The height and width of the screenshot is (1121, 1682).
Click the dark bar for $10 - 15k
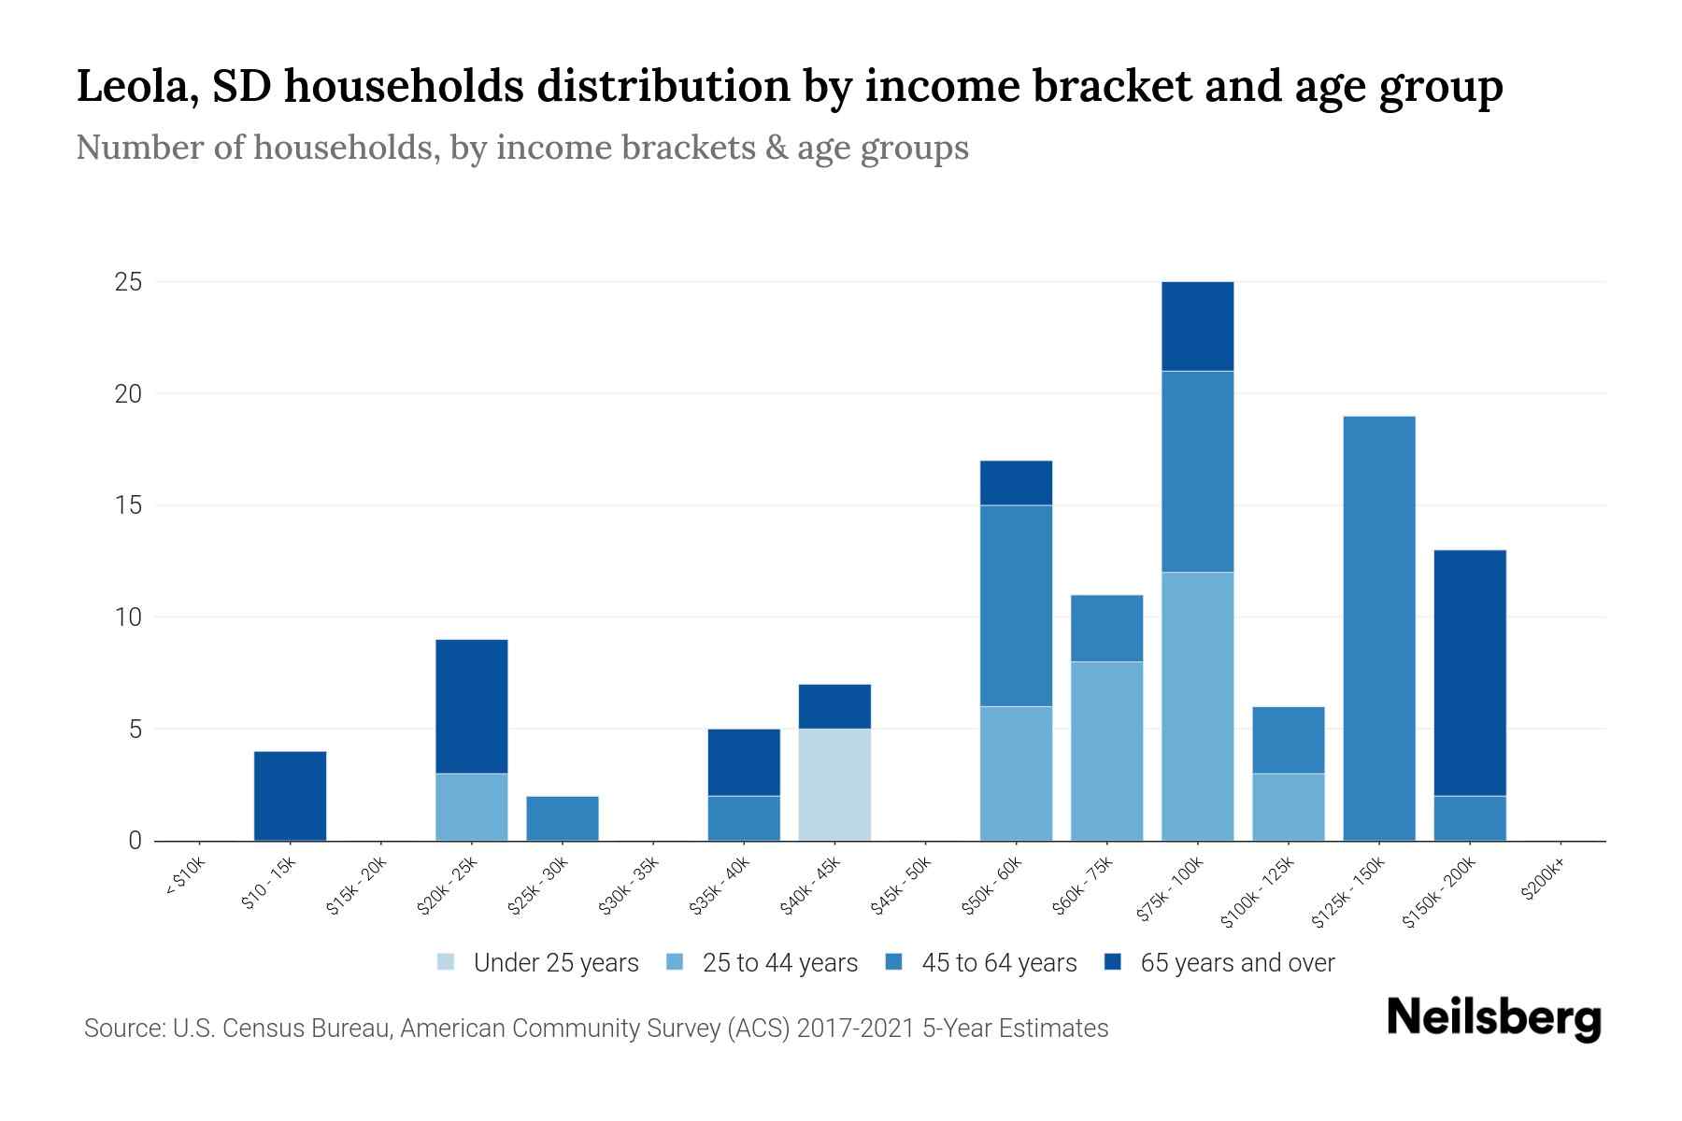pos(290,796)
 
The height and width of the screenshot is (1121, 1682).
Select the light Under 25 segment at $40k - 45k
pos(834,785)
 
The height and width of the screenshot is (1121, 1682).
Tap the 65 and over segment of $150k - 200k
pos(1470,673)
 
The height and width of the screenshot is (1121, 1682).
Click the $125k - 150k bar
pos(1379,628)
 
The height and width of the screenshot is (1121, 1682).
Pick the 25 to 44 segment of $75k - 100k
pos(1197,706)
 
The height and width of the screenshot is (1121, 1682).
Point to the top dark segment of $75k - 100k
pos(1197,326)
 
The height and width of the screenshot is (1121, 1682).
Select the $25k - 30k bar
pos(563,818)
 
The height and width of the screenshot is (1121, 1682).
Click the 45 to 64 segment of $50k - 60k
pos(1016,605)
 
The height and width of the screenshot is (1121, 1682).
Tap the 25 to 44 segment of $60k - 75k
pos(1106,751)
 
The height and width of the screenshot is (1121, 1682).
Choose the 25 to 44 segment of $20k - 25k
pos(472,807)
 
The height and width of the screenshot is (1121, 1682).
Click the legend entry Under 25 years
pos(538,963)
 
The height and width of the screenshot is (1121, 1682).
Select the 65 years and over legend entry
pos(1219,963)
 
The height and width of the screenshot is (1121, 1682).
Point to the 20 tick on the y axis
pos(128,394)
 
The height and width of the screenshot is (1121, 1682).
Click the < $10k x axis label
pos(186,879)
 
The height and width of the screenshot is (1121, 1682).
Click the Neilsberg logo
pos(1493,1018)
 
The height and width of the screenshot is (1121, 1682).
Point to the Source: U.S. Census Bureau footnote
pos(595,1029)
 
